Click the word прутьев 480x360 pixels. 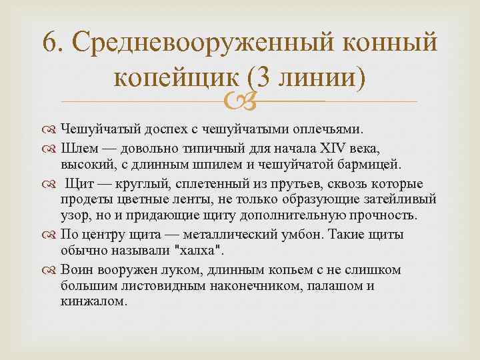(x=291, y=181)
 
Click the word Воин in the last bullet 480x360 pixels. (x=79, y=269)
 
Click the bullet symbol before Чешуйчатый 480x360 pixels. (x=51, y=128)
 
